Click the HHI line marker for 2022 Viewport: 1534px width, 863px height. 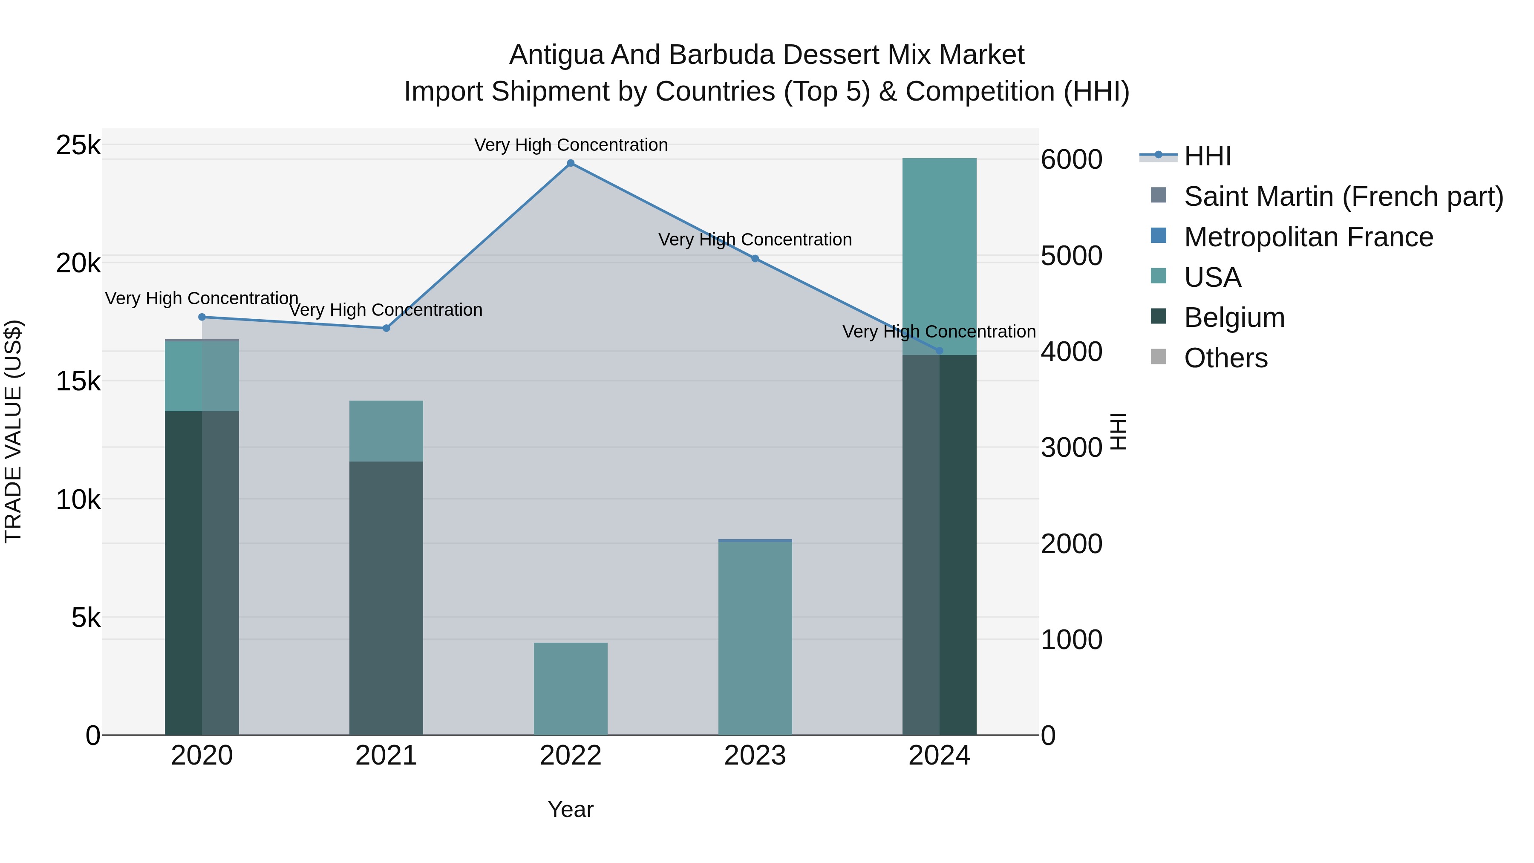point(571,163)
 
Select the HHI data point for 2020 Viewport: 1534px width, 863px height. point(202,317)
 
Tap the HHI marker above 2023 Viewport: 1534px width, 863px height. point(755,259)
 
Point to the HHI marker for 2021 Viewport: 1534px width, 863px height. point(386,328)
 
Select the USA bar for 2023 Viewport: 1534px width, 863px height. point(755,637)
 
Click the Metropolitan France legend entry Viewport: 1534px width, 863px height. point(1308,237)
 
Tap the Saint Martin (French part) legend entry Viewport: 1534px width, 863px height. point(1343,196)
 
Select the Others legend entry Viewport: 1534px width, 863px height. point(1225,358)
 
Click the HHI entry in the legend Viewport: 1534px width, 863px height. point(1207,156)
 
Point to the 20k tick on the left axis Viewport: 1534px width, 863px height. point(78,263)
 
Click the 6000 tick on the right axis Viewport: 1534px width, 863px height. point(1071,160)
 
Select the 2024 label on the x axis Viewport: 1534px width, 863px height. point(939,756)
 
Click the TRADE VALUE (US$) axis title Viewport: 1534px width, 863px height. point(13,431)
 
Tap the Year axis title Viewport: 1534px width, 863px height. point(571,809)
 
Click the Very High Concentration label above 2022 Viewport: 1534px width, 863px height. point(571,145)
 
